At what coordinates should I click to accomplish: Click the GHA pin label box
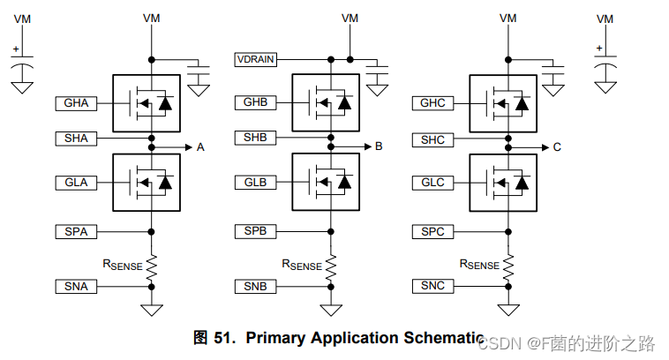click(x=76, y=103)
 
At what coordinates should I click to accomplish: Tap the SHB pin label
click(x=256, y=138)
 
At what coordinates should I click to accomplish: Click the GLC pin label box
click(x=432, y=183)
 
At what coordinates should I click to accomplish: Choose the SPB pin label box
click(x=256, y=231)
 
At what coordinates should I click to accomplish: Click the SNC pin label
click(x=432, y=286)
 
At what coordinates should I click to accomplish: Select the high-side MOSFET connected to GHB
click(x=326, y=103)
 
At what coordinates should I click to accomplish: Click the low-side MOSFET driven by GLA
click(x=147, y=182)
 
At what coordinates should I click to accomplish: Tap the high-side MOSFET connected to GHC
click(x=503, y=104)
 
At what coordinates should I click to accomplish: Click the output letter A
click(x=200, y=147)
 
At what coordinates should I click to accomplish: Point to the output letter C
click(x=557, y=147)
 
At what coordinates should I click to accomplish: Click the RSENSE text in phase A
click(x=122, y=264)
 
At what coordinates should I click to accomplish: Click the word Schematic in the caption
click(x=444, y=338)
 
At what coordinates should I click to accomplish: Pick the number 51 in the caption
click(x=224, y=338)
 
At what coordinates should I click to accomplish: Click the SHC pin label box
click(x=432, y=139)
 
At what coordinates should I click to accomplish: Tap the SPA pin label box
click(x=76, y=231)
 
